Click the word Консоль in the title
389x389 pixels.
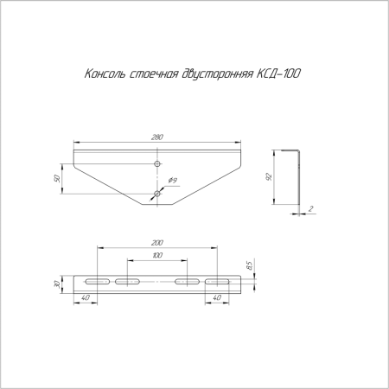(x=103, y=74)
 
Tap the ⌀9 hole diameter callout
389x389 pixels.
(x=173, y=181)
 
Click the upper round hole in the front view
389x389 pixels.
(x=156, y=163)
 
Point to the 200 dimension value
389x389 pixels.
(x=156, y=244)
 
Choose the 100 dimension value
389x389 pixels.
(x=156, y=257)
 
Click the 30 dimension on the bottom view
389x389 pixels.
(x=58, y=284)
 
